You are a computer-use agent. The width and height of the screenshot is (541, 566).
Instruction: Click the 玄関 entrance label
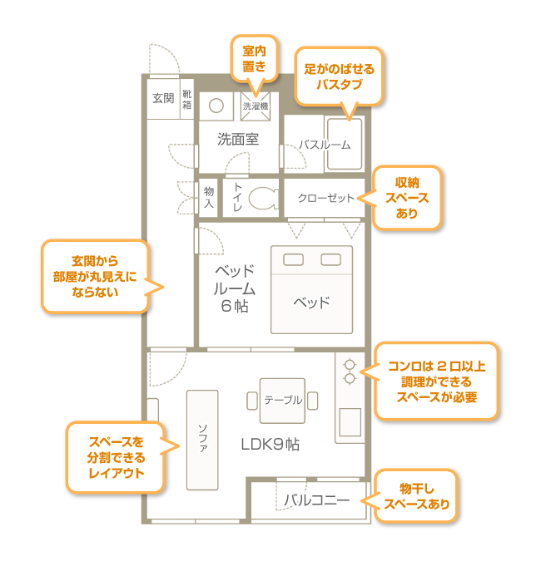tap(163, 98)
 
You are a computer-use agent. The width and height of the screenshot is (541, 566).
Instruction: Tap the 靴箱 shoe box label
tap(186, 99)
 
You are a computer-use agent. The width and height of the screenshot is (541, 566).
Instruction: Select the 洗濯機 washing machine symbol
tap(256, 106)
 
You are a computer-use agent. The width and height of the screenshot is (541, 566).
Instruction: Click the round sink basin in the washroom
tap(216, 106)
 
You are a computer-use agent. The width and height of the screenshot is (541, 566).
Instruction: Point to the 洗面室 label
tap(238, 139)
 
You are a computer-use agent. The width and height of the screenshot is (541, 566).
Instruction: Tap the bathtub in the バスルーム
tap(345, 144)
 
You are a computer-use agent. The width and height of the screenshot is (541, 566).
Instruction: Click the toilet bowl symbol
tap(263, 198)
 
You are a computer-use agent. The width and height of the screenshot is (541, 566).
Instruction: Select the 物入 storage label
tap(209, 197)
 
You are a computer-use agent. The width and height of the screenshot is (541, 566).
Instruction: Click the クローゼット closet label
tap(325, 198)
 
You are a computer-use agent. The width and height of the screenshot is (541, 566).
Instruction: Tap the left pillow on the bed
tap(293, 259)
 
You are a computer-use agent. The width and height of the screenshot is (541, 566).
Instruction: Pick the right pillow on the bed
tap(330, 259)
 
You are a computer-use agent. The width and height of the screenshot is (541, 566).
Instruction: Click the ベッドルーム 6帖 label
tap(235, 288)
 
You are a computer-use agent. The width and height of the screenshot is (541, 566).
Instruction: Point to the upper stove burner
tap(350, 365)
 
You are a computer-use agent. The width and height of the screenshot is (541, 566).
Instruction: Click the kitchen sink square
tap(350, 422)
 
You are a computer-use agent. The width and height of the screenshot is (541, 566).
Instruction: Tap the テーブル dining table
tap(282, 401)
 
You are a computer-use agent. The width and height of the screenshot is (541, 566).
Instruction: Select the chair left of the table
tap(252, 401)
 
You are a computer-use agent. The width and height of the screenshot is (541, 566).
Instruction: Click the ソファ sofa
tap(202, 440)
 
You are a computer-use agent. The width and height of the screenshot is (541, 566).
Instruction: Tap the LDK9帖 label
tap(270, 445)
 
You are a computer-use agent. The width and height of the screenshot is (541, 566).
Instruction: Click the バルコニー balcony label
tap(316, 500)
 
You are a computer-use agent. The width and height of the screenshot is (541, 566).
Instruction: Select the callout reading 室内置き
tap(254, 59)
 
